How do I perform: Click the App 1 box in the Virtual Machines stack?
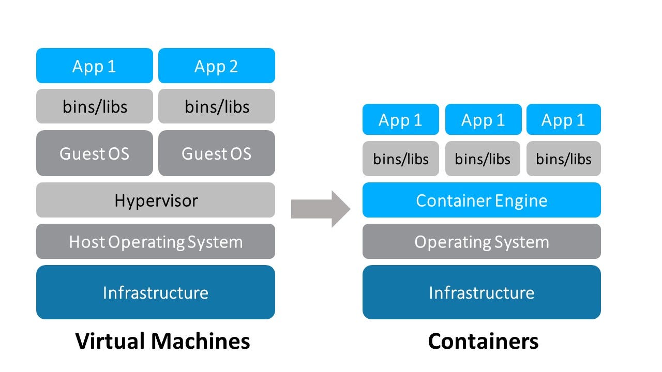coord(95,66)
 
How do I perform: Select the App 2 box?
coord(216,66)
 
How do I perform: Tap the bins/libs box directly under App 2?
coord(216,106)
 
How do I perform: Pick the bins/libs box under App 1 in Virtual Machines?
coord(95,106)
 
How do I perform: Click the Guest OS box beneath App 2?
coord(216,153)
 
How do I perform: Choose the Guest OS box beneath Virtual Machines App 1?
coord(95,153)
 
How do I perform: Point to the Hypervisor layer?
coord(156,200)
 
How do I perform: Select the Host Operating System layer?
coord(156,241)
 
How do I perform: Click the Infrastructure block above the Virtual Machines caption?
coord(156,292)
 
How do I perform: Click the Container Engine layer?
coord(482,200)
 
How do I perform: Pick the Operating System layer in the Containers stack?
coord(482,241)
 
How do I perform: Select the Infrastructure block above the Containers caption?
coord(482,292)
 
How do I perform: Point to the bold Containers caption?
coord(483,341)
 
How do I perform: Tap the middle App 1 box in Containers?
coord(483,120)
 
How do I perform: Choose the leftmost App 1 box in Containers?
coord(401,120)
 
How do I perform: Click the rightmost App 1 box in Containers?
coord(563,120)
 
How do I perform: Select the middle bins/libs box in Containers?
coord(483,159)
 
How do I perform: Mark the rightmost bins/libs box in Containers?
coord(563,159)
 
